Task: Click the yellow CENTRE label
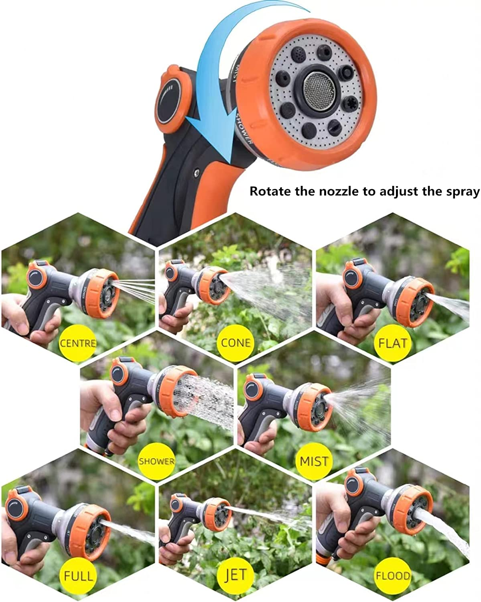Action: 78,343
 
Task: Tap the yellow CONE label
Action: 236,343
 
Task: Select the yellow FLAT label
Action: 393,343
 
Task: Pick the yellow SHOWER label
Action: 156,461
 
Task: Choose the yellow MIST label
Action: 314,461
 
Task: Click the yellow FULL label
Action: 78,576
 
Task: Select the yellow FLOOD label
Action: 393,576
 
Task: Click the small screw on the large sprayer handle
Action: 197,172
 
